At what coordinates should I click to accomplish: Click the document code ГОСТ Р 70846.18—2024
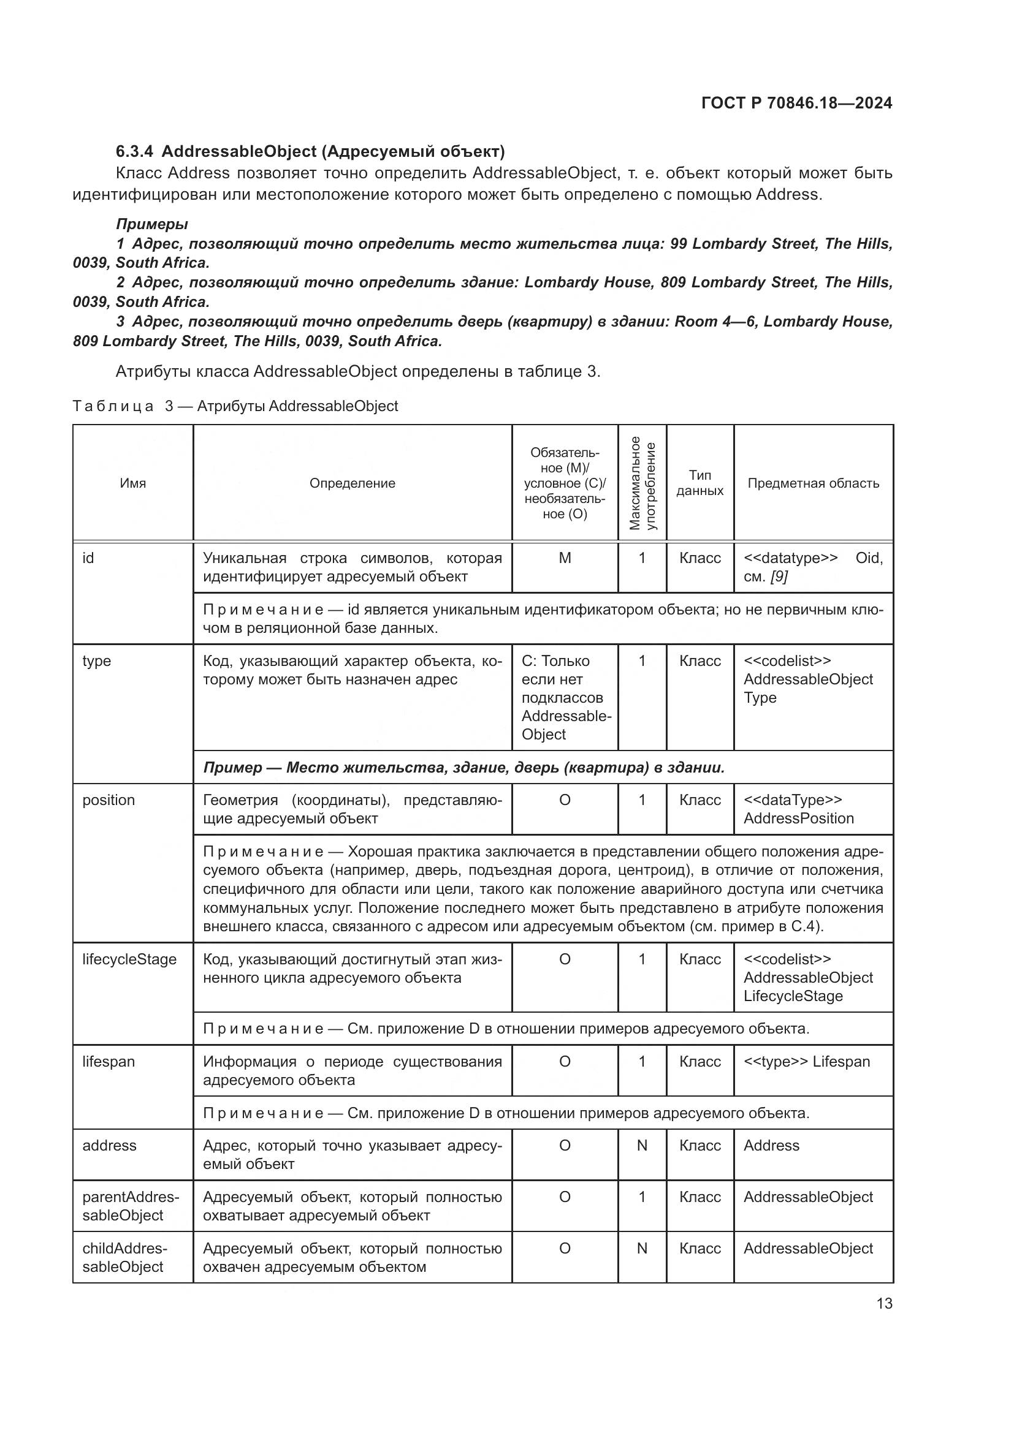click(796, 103)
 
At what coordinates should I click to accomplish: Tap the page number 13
click(884, 1303)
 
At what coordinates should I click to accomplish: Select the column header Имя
click(132, 483)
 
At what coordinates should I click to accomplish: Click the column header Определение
click(352, 483)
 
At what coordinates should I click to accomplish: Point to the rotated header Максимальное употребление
click(642, 483)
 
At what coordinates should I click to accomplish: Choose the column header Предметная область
click(813, 483)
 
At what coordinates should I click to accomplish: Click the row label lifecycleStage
click(129, 959)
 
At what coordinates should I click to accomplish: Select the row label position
click(109, 800)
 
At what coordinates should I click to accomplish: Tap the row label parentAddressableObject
click(130, 1206)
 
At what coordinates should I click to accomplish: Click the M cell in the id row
click(565, 558)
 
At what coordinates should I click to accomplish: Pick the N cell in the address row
click(642, 1145)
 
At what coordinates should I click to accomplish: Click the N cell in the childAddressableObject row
click(642, 1248)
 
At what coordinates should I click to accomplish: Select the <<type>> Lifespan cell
click(807, 1062)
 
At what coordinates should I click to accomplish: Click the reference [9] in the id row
click(779, 577)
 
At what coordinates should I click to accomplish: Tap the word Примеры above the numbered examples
click(151, 224)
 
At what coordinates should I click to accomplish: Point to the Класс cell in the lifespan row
click(700, 1062)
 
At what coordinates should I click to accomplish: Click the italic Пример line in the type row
click(463, 768)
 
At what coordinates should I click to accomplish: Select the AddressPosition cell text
click(799, 819)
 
